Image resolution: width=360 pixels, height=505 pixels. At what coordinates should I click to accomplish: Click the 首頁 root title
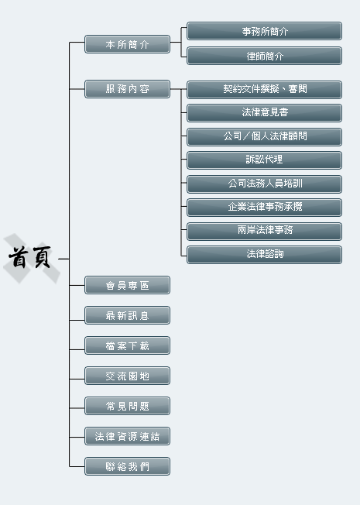click(29, 257)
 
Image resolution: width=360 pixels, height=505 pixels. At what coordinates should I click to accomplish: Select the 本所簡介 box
click(127, 44)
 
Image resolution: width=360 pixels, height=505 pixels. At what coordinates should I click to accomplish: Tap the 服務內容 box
click(127, 89)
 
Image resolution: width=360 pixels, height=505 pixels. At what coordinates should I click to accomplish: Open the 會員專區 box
click(127, 285)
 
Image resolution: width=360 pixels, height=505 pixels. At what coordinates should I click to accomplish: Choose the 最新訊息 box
click(127, 315)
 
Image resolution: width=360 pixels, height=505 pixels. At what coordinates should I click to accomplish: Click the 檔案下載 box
click(127, 345)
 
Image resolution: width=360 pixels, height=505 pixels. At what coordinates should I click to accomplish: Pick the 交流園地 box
click(127, 376)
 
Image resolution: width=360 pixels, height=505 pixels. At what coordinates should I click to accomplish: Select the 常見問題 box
click(127, 406)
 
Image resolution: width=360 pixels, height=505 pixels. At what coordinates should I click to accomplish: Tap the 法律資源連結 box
click(127, 436)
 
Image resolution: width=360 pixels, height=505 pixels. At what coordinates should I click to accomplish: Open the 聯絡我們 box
click(127, 466)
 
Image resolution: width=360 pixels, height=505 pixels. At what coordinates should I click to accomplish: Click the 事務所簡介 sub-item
click(264, 31)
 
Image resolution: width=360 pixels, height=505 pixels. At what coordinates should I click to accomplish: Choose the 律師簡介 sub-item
click(264, 56)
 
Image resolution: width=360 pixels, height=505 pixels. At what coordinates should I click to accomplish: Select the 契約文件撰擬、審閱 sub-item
click(264, 90)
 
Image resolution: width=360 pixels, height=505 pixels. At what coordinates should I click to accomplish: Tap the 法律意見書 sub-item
click(264, 113)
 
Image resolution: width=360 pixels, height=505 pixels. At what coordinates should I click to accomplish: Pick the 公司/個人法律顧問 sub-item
click(264, 137)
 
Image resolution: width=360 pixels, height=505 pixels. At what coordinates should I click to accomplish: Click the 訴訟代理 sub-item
click(264, 160)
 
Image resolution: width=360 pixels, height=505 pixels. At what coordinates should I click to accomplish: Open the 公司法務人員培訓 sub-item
click(264, 184)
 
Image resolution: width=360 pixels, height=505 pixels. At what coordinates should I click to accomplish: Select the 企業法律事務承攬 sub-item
click(264, 208)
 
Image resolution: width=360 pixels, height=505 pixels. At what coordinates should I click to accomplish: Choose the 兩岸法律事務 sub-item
click(264, 232)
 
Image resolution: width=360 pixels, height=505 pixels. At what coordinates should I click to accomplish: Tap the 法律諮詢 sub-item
click(264, 255)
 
